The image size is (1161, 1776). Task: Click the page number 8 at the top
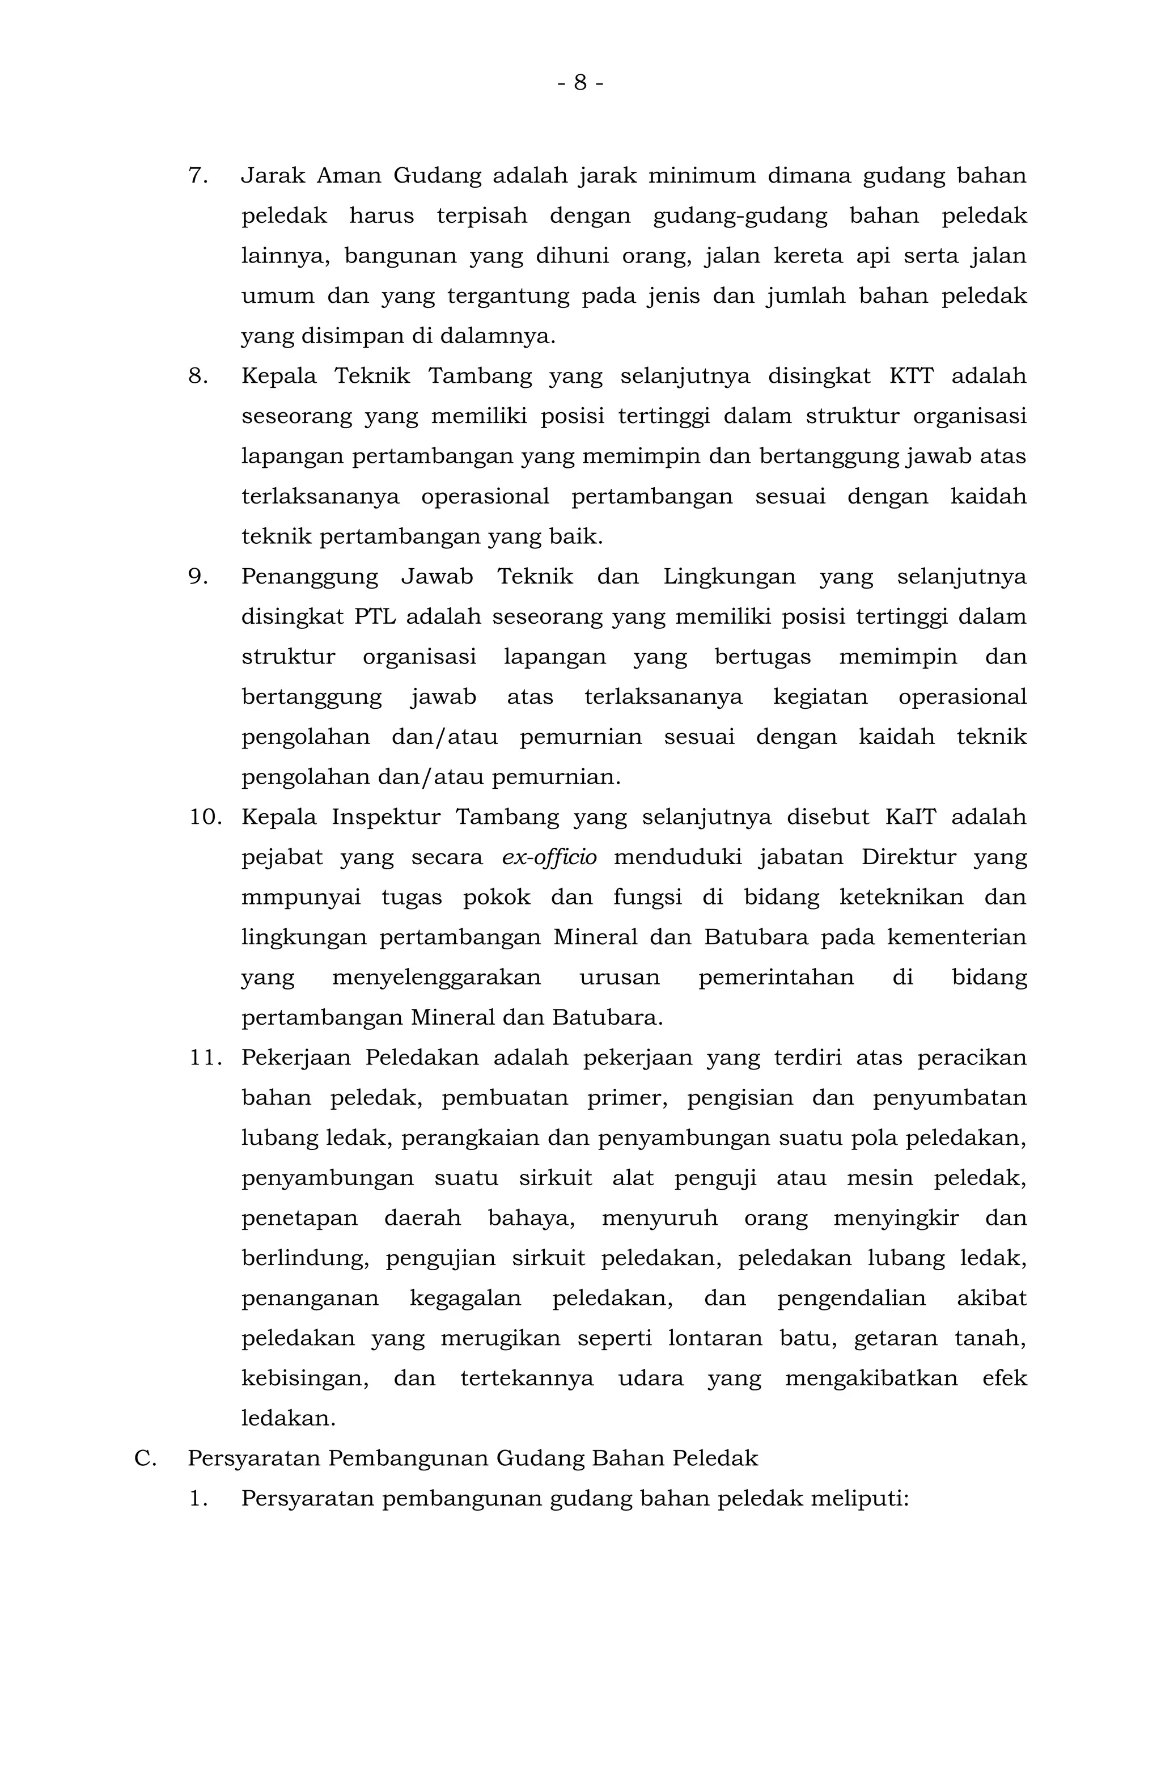coord(580,82)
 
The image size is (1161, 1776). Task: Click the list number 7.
coord(197,176)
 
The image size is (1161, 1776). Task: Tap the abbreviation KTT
coord(910,376)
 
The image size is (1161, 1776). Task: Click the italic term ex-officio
coord(549,858)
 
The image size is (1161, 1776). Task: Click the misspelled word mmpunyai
coord(300,898)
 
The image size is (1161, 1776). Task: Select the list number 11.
coord(205,1058)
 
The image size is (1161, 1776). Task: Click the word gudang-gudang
coord(740,217)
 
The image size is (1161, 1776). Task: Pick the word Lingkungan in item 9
coord(729,577)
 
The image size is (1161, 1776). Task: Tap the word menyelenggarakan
coord(437,978)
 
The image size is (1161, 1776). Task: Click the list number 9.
coord(197,577)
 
